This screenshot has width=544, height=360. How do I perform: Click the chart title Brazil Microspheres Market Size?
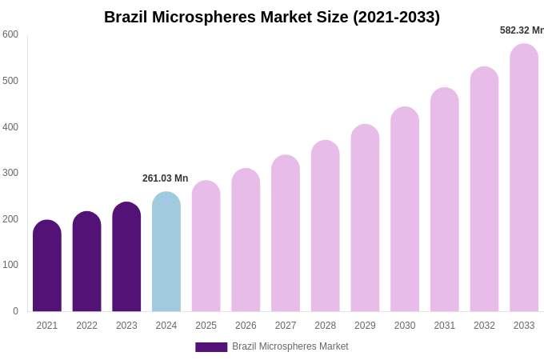pos(272,17)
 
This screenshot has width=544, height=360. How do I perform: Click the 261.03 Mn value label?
pos(166,178)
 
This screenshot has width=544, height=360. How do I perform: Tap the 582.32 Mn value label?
pos(522,30)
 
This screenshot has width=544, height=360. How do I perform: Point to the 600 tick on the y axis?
pos(10,34)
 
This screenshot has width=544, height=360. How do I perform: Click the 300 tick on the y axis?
pos(10,173)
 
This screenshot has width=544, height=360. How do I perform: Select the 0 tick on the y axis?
pos(15,311)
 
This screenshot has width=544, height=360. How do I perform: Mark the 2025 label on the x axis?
pos(206,326)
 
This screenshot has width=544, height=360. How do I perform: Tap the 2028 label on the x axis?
pos(326,326)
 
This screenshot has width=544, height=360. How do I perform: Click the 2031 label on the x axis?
pos(445,326)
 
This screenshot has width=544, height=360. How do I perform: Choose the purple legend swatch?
pos(211,347)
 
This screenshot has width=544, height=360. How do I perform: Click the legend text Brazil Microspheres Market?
pos(290,346)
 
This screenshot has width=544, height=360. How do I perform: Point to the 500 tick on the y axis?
pos(10,81)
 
